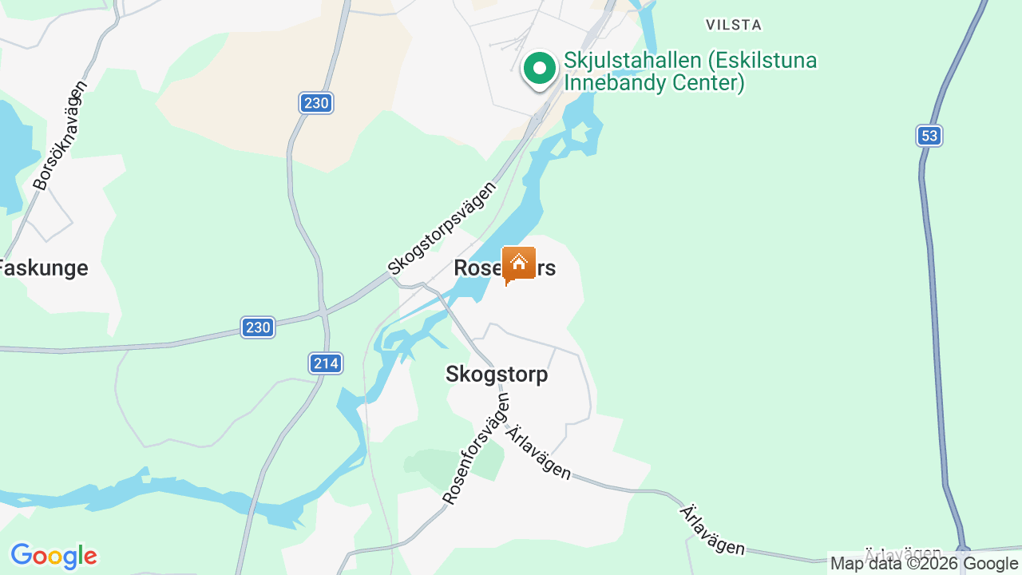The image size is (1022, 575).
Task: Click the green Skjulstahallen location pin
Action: coord(540,69)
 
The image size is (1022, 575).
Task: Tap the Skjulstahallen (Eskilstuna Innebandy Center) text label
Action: coord(691,71)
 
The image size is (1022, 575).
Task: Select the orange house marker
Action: coord(519,264)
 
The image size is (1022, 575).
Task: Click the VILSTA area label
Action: coord(734,25)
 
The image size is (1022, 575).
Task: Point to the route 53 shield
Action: coord(929,136)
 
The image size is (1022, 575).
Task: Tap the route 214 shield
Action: coord(326,363)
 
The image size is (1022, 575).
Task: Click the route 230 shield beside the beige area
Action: coord(316,103)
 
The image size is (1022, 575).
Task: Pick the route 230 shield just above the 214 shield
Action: coord(258,327)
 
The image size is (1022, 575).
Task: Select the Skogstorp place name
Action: coord(497,374)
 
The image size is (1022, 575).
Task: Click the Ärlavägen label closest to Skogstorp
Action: coord(539,452)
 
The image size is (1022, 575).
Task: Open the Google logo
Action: coord(53,556)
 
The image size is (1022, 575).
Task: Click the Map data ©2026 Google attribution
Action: coord(924,564)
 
